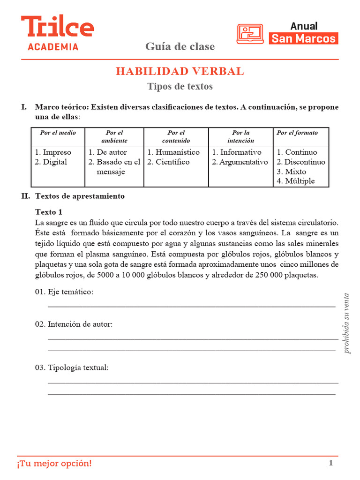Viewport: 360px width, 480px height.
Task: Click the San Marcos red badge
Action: click(304, 38)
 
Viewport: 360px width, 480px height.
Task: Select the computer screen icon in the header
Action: click(250, 33)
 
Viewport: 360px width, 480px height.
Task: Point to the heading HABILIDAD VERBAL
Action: click(180, 71)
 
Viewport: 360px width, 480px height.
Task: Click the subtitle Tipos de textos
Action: click(180, 86)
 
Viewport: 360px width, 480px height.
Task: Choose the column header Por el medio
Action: click(58, 133)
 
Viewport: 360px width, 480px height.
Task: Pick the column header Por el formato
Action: click(297, 133)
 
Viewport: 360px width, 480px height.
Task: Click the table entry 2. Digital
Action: click(51, 162)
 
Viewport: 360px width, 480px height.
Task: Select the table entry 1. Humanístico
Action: click(173, 152)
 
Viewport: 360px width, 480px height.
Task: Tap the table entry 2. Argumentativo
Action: click(240, 162)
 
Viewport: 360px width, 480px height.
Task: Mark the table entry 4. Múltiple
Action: click(296, 181)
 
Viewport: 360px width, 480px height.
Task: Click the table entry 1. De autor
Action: click(107, 152)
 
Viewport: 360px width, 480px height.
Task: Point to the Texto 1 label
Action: click(48, 212)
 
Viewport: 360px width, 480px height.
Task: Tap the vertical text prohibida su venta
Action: click(346, 323)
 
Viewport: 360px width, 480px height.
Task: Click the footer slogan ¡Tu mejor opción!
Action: click(55, 464)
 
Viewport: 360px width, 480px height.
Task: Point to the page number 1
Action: click(330, 464)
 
